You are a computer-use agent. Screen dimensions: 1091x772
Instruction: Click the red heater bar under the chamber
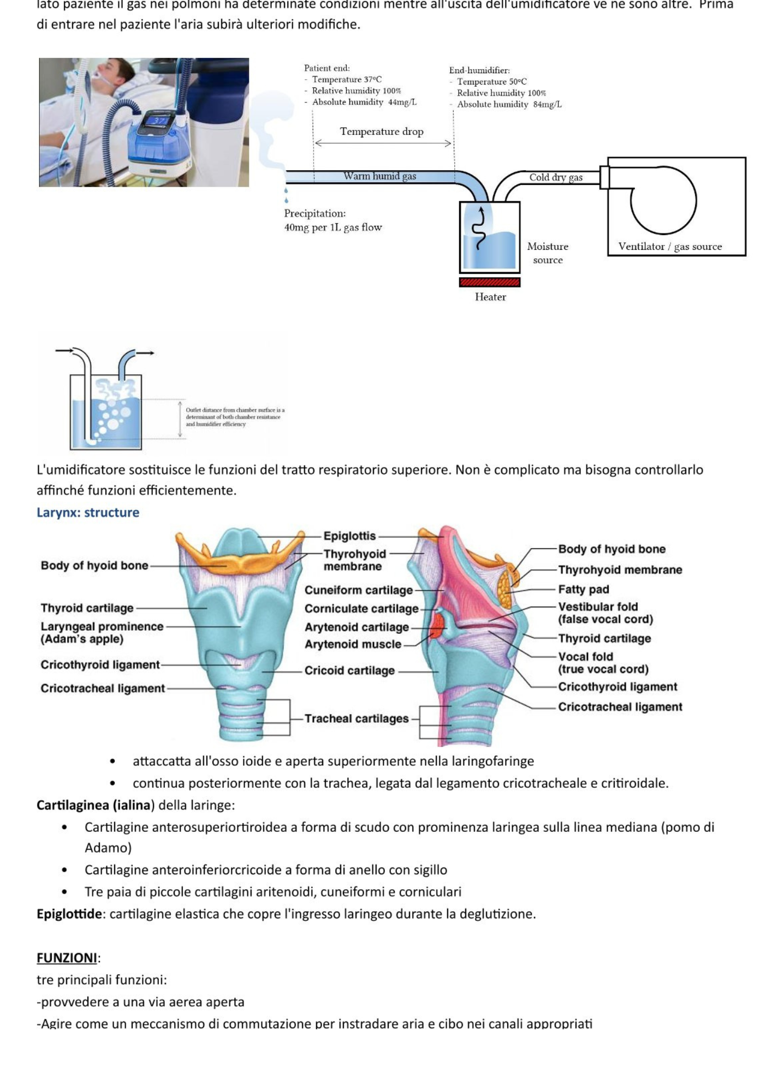(490, 282)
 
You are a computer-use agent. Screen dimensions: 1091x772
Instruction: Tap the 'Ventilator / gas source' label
(670, 247)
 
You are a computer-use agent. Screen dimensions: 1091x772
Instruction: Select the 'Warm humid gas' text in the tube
(379, 176)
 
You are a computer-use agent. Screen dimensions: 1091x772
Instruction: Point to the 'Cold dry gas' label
(556, 177)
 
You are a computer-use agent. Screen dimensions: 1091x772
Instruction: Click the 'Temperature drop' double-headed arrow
(383, 143)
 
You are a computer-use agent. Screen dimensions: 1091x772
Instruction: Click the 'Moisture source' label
(548, 253)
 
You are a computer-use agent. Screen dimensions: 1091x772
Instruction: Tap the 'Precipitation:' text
(314, 213)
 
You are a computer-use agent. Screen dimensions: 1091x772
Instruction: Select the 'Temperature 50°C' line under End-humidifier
(491, 82)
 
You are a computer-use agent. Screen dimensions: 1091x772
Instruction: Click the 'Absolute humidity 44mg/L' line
(364, 102)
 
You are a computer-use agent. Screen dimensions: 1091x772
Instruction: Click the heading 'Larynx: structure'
(88, 512)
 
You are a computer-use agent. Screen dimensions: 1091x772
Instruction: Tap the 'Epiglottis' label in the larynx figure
(349, 536)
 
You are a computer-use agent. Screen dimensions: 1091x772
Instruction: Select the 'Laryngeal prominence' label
(102, 627)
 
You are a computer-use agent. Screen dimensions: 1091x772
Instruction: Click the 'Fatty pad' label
(583, 589)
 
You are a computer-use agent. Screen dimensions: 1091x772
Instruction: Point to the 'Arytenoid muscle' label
(353, 644)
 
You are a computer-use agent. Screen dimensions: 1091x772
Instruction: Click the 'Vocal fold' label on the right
(585, 657)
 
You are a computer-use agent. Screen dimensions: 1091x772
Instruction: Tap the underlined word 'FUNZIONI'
(67, 958)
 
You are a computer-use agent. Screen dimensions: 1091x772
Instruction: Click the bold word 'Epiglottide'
(69, 914)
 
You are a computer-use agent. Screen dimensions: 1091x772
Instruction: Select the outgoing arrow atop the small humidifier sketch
(145, 353)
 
